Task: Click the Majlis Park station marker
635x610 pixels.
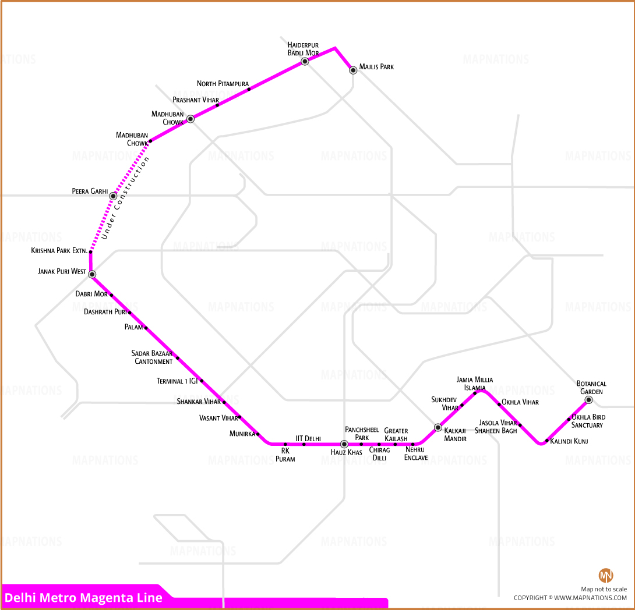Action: (353, 70)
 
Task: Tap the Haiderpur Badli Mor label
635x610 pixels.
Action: (303, 49)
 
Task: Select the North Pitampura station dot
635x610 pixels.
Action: (249, 89)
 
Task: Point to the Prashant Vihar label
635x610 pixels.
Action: (196, 100)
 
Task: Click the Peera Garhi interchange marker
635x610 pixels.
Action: (114, 196)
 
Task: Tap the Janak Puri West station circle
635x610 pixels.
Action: (92, 274)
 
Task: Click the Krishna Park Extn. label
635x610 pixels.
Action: (59, 251)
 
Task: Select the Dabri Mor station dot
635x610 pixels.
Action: (111, 295)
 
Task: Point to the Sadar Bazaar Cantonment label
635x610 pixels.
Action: (152, 357)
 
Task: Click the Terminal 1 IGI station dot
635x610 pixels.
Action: (202, 381)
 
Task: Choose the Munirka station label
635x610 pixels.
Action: (242, 434)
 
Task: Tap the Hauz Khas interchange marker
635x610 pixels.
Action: (344, 444)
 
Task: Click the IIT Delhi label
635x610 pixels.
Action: (308, 439)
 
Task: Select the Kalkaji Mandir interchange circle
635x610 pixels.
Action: (438, 428)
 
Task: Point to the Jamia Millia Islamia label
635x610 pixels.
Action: (475, 384)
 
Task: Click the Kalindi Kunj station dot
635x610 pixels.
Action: (546, 441)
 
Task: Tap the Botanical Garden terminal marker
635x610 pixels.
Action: (589, 400)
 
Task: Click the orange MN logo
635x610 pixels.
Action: (606, 575)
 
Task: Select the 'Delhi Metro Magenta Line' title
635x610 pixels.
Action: (83, 597)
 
